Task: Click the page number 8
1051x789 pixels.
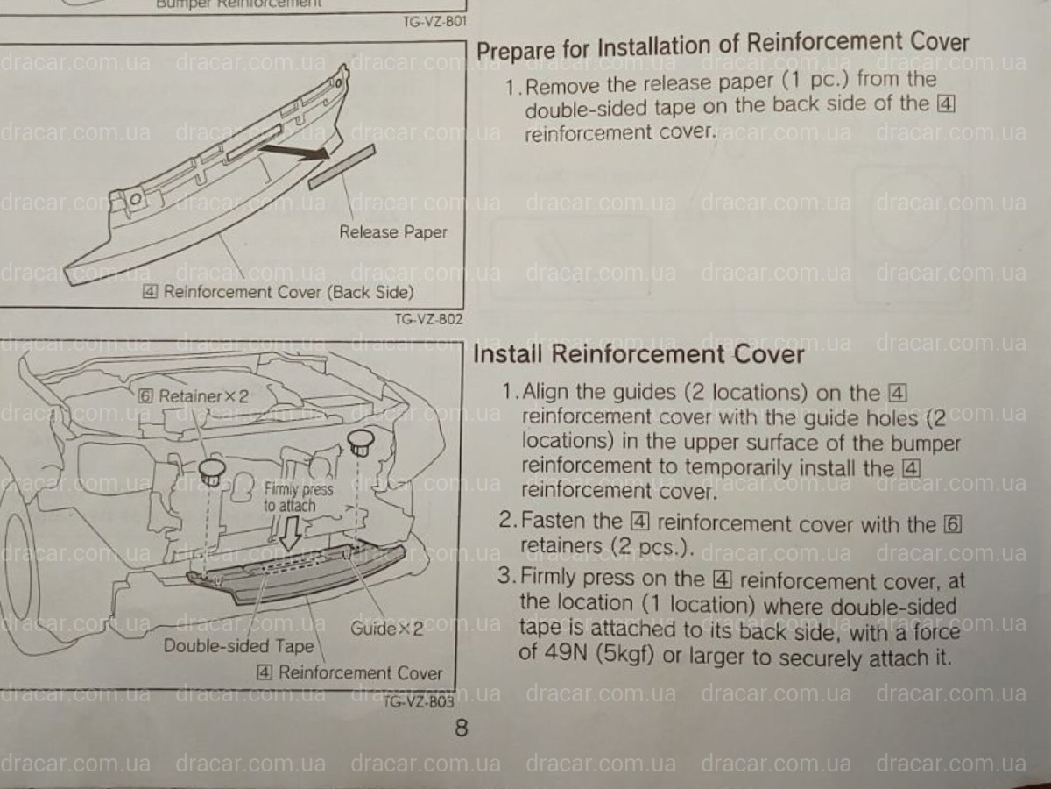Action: click(461, 728)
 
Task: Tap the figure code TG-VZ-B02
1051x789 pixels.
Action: click(428, 319)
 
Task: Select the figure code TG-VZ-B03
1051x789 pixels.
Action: click(418, 702)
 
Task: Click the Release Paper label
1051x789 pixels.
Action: click(392, 232)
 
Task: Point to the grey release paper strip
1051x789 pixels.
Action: click(342, 167)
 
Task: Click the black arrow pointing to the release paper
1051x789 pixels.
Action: click(295, 152)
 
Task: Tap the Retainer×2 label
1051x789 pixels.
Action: click(194, 396)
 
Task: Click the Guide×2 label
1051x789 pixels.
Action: click(387, 629)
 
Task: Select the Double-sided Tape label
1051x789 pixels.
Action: click(238, 646)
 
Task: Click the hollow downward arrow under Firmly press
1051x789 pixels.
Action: click(290, 533)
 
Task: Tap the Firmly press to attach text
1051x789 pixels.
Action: click(298, 497)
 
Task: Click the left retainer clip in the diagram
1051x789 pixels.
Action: click(212, 473)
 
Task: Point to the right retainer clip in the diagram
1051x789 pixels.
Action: click(360, 443)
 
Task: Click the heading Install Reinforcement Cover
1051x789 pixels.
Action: click(638, 354)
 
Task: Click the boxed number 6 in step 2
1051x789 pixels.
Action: click(952, 524)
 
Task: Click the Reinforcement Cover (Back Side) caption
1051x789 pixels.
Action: click(279, 292)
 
